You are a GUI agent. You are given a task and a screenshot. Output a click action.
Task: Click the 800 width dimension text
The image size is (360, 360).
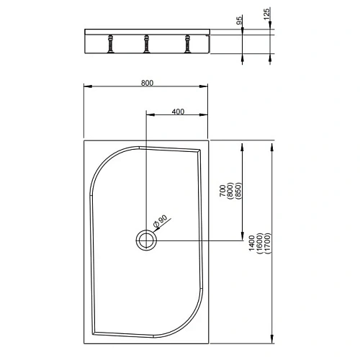[x=146, y=82]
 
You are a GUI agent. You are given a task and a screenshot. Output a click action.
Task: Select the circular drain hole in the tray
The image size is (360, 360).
[x=146, y=239]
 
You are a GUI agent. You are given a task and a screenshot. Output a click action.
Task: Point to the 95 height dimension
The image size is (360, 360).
[x=238, y=22]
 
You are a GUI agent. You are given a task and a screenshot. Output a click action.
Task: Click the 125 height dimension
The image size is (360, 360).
[x=266, y=17]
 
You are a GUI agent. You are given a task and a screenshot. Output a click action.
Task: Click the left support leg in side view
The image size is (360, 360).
[x=111, y=44]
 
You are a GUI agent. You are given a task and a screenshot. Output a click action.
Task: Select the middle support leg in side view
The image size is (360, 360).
[x=146, y=44]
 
